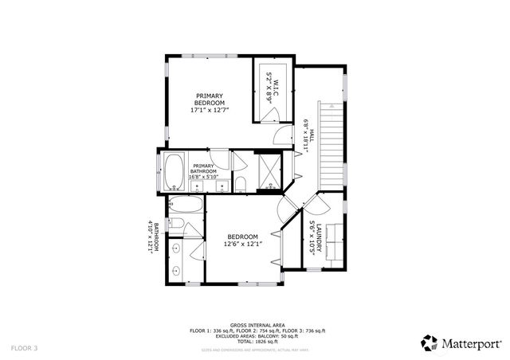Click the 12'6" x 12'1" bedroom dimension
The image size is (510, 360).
click(242, 245)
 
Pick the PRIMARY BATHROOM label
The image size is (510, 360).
click(203, 168)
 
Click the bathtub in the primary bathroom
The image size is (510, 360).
click(174, 170)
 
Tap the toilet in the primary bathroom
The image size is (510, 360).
click(240, 185)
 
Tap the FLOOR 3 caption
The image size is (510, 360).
click(24, 348)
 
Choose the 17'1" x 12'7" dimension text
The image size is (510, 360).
click(210, 110)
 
